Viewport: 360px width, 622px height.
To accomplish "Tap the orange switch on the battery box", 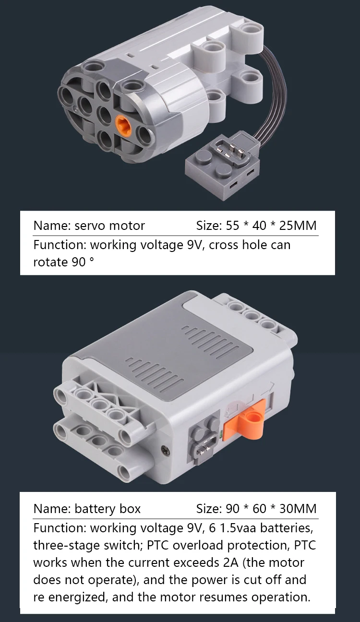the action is (x=244, y=419).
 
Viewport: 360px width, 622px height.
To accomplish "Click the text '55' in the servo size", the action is (x=232, y=226).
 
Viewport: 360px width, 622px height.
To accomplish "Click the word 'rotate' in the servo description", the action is (x=50, y=262).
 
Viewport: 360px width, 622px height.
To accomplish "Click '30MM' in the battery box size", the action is (x=298, y=509).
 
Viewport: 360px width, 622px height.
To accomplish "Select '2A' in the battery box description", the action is (x=230, y=562).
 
